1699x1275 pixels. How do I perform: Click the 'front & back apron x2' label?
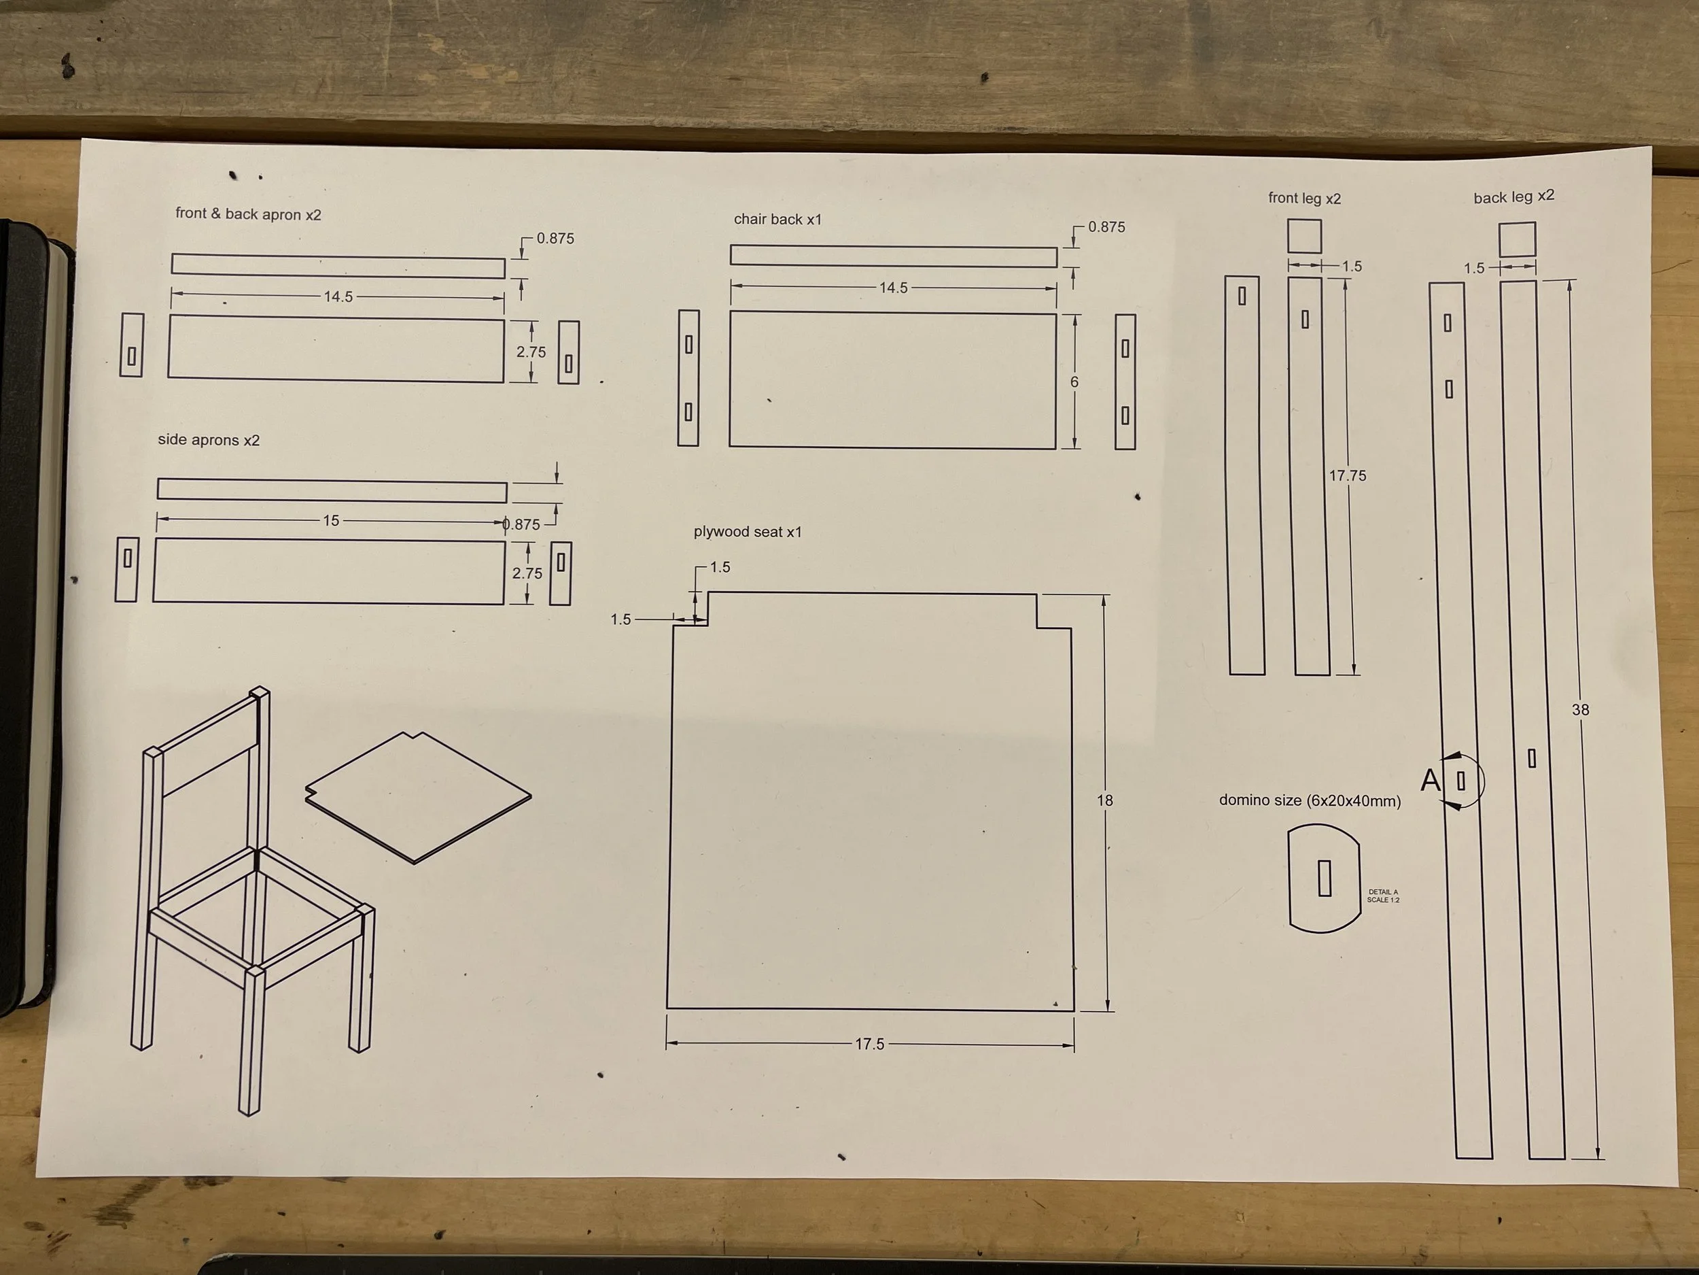pos(248,214)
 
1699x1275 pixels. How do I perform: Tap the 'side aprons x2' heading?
pos(209,439)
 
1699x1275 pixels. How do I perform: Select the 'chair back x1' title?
pos(777,219)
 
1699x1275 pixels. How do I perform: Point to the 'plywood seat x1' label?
pos(748,532)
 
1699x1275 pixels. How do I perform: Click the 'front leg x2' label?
pos(1304,199)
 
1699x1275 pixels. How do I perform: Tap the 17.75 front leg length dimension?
pos(1348,476)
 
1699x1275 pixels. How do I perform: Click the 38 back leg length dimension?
pos(1580,710)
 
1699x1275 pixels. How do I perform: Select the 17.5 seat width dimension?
pos(869,1044)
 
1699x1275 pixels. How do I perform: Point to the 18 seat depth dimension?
pos(1104,801)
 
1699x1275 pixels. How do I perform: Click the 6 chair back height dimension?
pos(1074,382)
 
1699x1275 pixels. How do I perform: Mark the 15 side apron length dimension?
pos(331,520)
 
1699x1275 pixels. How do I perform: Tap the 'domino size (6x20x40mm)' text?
pos(1310,801)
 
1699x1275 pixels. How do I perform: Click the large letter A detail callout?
pos(1430,780)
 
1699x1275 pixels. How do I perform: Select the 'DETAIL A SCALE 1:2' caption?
pos(1383,896)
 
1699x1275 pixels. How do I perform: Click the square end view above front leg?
pos(1304,236)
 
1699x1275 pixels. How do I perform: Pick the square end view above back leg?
pos(1517,239)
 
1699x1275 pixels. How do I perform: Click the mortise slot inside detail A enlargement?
pos(1324,878)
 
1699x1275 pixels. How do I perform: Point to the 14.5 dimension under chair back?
pos(893,288)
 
